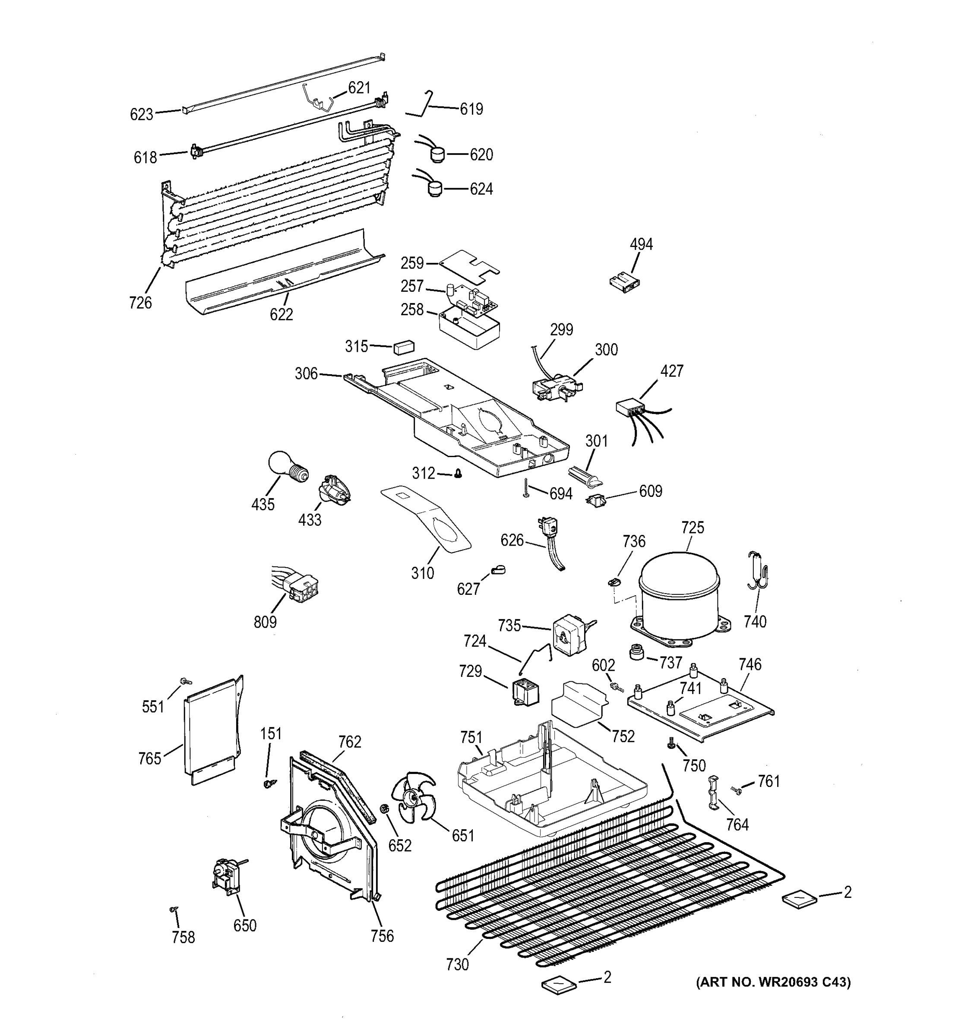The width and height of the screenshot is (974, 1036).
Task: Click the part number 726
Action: click(141, 302)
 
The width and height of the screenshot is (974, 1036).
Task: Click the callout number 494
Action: click(641, 244)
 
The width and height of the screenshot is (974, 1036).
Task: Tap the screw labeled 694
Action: click(526, 487)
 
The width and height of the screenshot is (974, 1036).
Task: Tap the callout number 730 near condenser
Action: click(457, 965)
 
